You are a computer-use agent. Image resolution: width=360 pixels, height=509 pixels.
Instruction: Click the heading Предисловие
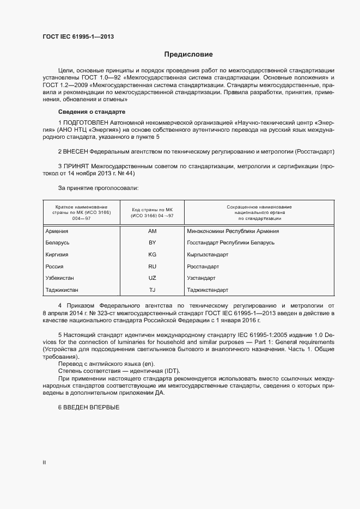pyautogui.click(x=188, y=54)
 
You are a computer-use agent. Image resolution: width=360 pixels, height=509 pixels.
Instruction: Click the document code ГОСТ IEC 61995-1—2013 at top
pyautogui.click(x=78, y=37)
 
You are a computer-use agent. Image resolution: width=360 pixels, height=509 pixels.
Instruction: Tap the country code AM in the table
pyautogui.click(x=152, y=231)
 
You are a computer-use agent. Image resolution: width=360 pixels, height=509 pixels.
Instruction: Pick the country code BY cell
pyautogui.click(x=152, y=243)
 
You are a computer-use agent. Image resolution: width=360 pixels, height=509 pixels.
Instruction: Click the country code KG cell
pyautogui.click(x=152, y=255)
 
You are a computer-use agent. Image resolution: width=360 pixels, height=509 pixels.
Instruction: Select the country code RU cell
pyautogui.click(x=152, y=267)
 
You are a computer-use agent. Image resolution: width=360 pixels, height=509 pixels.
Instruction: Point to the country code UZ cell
pyautogui.click(x=152, y=278)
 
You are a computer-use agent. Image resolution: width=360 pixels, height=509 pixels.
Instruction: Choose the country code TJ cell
pyautogui.click(x=152, y=290)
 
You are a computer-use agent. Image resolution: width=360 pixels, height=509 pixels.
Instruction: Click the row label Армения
pyautogui.click(x=57, y=231)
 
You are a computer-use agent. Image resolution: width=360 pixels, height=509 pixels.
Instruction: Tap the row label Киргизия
pyautogui.click(x=58, y=255)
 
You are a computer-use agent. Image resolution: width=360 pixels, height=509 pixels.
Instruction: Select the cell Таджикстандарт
pyautogui.click(x=208, y=290)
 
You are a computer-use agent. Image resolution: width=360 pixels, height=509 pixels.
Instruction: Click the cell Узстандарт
pyautogui.click(x=202, y=278)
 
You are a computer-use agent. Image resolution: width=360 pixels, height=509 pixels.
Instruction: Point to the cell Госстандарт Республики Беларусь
pyautogui.click(x=230, y=243)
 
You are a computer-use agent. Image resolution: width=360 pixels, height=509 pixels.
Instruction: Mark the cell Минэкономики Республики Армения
pyautogui.click(x=233, y=231)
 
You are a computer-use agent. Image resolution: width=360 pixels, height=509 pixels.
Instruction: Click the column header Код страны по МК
pyautogui.click(x=152, y=212)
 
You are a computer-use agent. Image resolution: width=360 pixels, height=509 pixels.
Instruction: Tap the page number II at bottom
pyautogui.click(x=44, y=463)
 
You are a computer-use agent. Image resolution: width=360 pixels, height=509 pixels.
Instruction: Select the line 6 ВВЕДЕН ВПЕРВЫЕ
pyautogui.click(x=88, y=408)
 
